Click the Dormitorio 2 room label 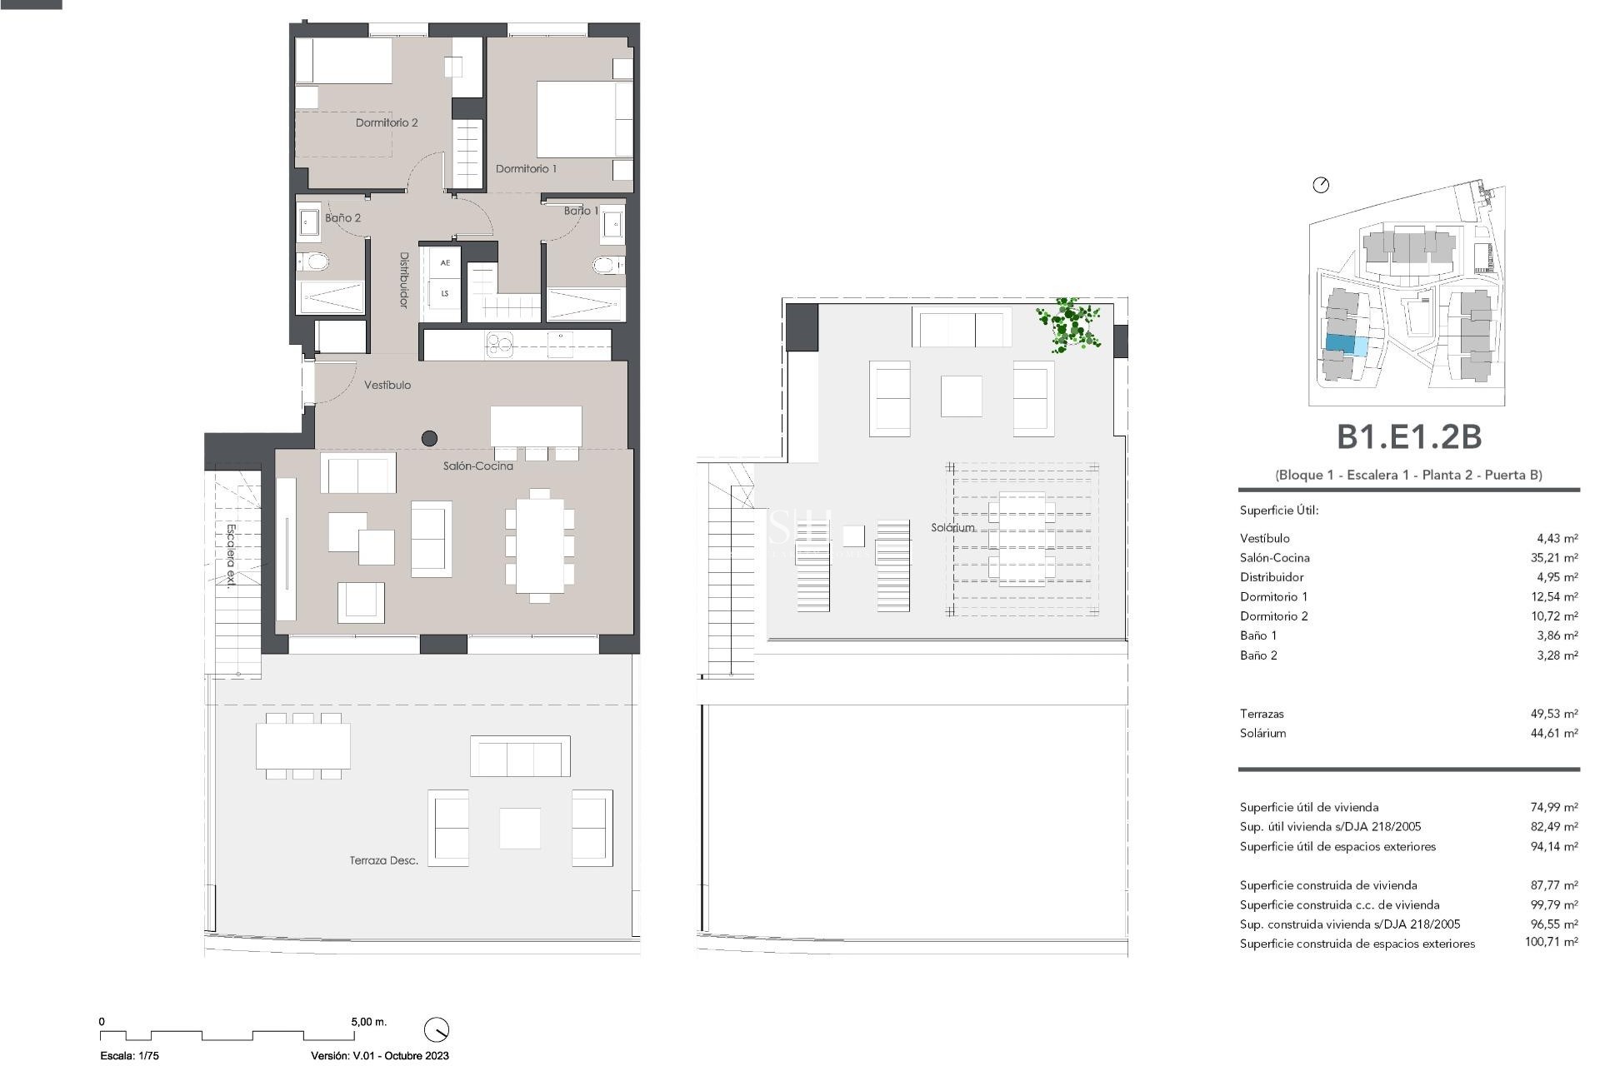386,122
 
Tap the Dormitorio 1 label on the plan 526,168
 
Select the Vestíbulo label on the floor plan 387,385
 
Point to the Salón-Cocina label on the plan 477,466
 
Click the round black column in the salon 430,437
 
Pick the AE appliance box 445,262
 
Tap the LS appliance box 445,293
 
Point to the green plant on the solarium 1069,324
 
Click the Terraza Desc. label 383,860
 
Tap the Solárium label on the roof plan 952,527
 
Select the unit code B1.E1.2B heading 1407,436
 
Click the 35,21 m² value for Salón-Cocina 1554,558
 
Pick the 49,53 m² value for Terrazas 1554,714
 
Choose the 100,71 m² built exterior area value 1551,943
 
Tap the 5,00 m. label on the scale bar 368,1021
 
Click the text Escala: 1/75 129,1055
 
